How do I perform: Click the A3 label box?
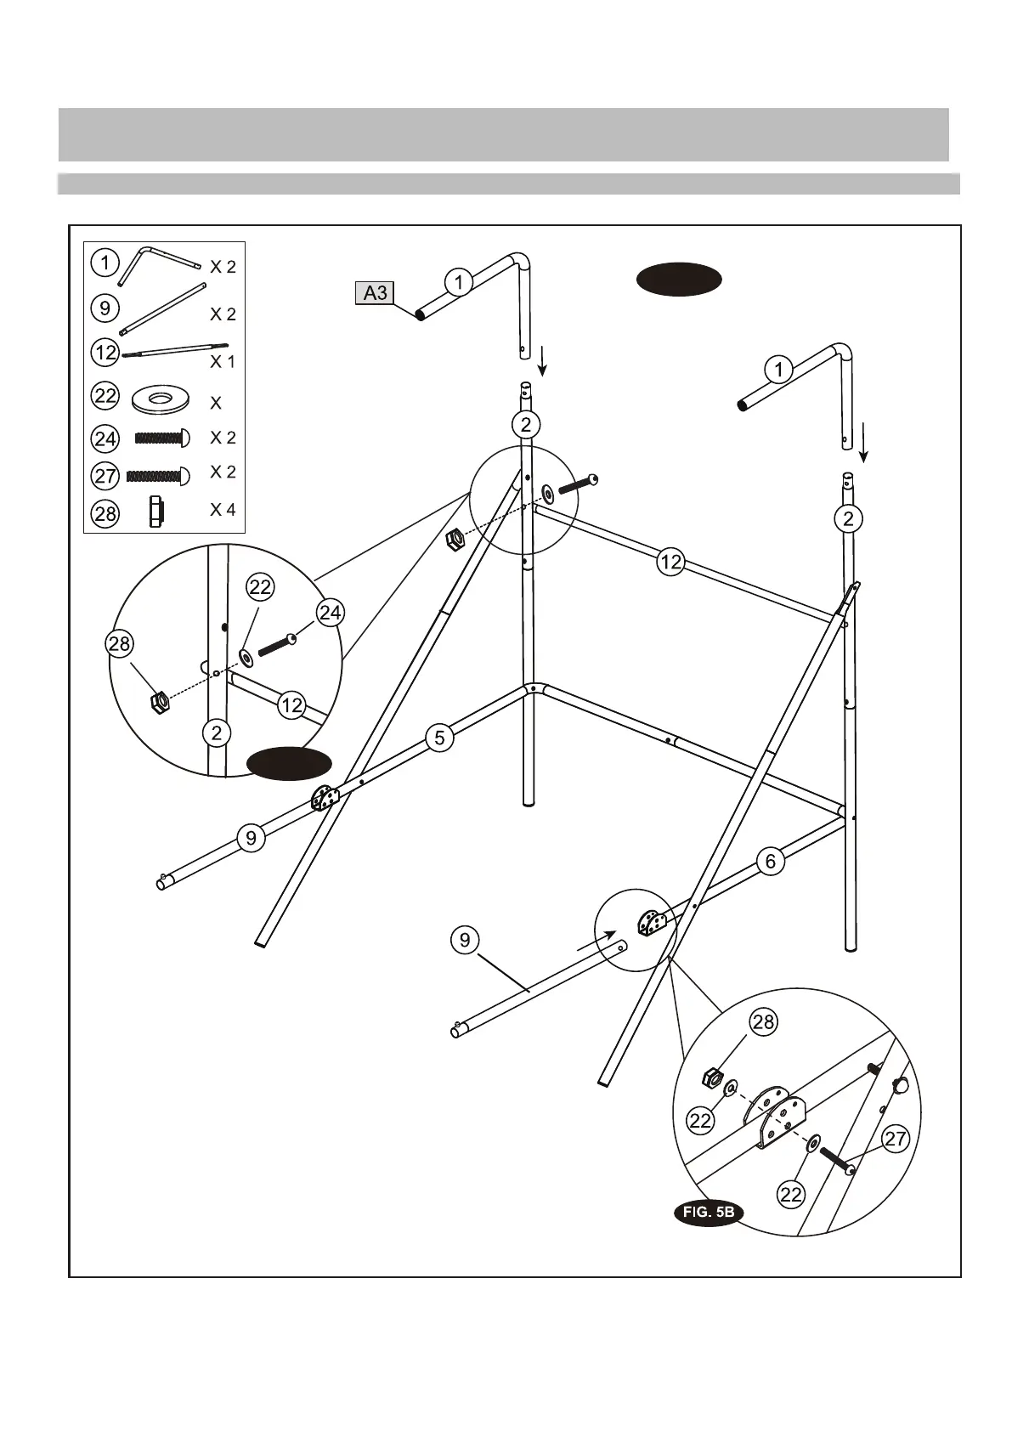coord(374,294)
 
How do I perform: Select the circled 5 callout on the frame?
coord(439,737)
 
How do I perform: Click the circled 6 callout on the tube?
coord(771,861)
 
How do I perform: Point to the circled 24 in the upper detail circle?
coord(330,612)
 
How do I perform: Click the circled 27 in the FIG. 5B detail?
coord(896,1139)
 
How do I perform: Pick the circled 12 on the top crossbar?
coord(671,562)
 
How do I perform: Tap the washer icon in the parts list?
coord(161,399)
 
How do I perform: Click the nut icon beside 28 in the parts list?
coord(155,512)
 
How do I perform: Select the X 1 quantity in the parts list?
coord(223,361)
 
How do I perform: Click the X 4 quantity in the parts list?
coord(223,510)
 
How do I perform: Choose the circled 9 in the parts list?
coord(105,307)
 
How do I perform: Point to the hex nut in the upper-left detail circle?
coord(159,701)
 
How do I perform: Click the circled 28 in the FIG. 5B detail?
coord(763,1021)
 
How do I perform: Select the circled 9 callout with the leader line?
coord(465,940)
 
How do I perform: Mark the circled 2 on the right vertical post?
coord(848,518)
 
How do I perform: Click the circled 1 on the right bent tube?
coord(778,370)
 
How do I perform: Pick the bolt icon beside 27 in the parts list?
coord(158,476)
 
